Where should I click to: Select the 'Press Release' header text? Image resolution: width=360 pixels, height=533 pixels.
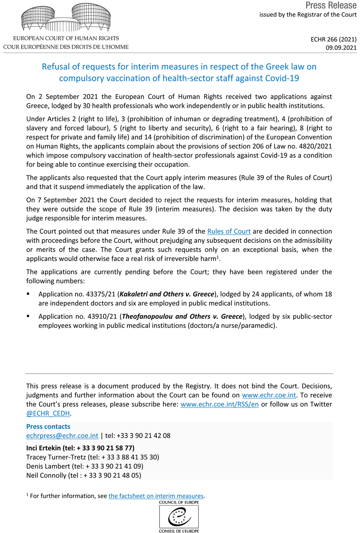pos(331,5)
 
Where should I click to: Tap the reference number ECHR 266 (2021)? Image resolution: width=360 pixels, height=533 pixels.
pos(334,39)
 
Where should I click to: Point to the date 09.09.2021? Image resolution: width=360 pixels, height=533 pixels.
pos(341,48)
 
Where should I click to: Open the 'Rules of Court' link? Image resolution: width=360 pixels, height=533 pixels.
pos(229,231)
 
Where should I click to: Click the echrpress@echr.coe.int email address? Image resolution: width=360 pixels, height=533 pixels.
pos(62,435)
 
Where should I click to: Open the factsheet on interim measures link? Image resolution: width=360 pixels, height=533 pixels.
pos(156,496)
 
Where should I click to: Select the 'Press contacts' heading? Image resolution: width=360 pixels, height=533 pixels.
pos(48,426)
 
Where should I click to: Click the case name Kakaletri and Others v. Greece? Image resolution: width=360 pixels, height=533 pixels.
pos(167,294)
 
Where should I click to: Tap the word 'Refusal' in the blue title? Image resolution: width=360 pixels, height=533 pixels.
pos(55,67)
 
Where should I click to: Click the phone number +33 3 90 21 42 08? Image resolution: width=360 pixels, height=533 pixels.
pos(144,435)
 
